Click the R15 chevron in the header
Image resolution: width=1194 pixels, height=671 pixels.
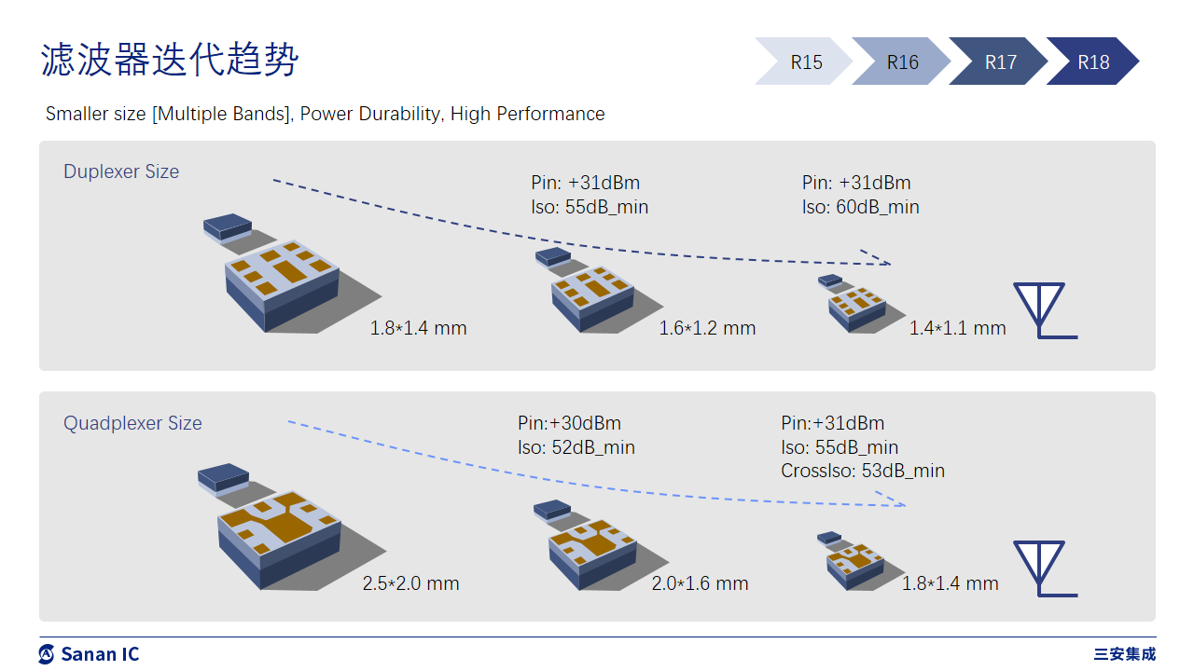[x=804, y=62]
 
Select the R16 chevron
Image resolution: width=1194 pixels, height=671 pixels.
[x=902, y=62]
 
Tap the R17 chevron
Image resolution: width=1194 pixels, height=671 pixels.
[x=1000, y=62]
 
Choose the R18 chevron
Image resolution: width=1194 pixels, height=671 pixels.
[x=1093, y=62]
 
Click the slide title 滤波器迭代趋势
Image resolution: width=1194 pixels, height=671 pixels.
[x=170, y=60]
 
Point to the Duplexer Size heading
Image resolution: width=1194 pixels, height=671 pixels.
[x=121, y=171]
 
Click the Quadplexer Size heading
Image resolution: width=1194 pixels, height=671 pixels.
[x=132, y=423]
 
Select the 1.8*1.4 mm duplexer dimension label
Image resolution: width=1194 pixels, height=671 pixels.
[x=418, y=328]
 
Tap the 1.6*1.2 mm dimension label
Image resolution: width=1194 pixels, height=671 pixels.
[x=707, y=328]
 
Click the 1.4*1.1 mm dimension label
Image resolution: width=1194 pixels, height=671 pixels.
[x=957, y=328]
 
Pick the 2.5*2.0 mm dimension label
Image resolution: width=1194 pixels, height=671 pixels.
[x=410, y=583]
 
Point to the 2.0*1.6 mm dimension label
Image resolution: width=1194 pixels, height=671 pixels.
[x=700, y=583]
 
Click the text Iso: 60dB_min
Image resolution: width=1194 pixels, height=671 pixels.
[x=860, y=207]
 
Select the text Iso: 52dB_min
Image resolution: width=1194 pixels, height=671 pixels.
[x=576, y=447]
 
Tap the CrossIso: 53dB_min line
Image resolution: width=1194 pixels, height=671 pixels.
[x=863, y=471]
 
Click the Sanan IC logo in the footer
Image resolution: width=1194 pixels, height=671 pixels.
[x=90, y=654]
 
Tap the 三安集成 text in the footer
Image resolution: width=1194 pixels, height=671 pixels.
[x=1125, y=654]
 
